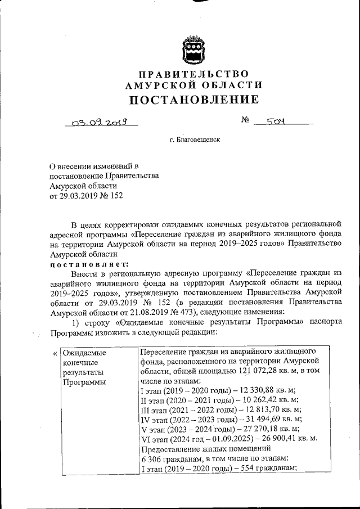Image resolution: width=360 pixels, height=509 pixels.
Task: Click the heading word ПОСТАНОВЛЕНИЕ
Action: (x=195, y=100)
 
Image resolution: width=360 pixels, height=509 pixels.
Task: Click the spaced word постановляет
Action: (x=89, y=264)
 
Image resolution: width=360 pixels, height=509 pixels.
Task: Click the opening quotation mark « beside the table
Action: (x=55, y=353)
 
